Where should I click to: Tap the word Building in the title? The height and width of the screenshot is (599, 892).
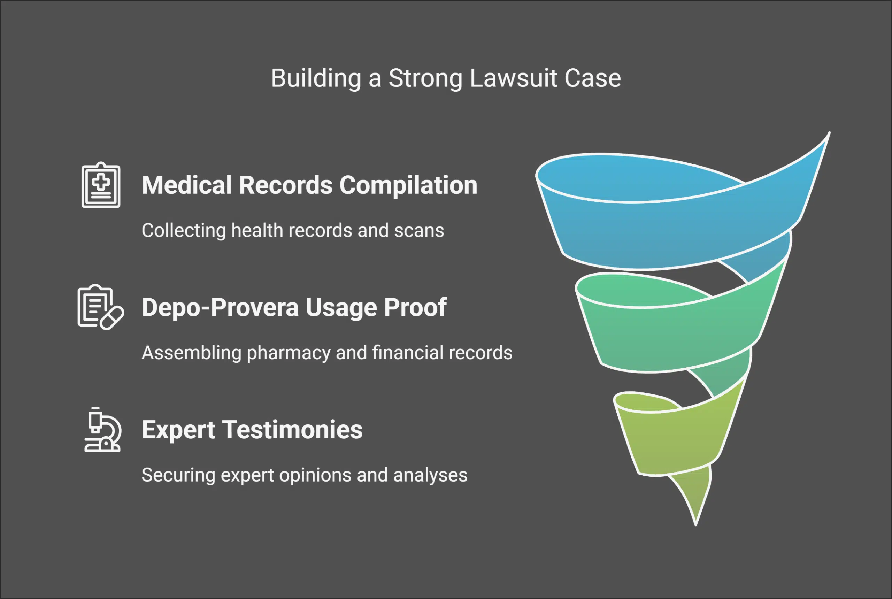(x=316, y=78)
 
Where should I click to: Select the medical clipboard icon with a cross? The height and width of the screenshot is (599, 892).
(x=101, y=185)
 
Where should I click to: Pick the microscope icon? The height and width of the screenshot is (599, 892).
(x=102, y=430)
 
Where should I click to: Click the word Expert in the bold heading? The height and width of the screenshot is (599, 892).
(x=178, y=430)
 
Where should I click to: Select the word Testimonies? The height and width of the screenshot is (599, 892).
(x=292, y=430)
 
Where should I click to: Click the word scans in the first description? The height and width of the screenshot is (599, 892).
(x=419, y=231)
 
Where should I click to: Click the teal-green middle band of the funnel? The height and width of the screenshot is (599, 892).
(x=672, y=336)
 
